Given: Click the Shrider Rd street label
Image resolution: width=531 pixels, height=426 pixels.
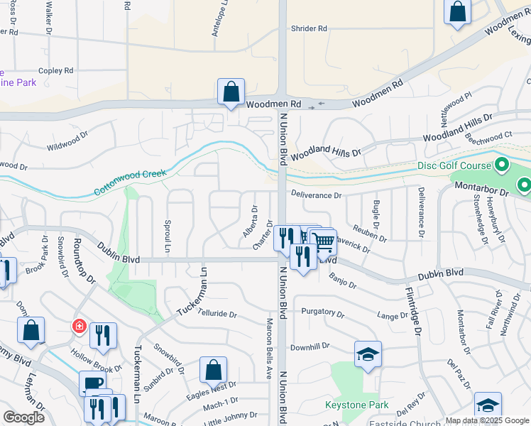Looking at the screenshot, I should tap(309, 29).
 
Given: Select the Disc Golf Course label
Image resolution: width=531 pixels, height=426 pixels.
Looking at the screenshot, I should tap(454, 166).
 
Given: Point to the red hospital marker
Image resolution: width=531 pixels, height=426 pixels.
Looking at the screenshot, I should tap(79, 327).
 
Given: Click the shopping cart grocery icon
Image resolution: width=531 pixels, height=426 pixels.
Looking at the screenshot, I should tap(324, 241).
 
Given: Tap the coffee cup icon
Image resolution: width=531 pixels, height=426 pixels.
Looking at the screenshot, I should tap(93, 383).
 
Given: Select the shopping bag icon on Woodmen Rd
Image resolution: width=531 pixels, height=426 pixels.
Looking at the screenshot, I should tap(231, 92).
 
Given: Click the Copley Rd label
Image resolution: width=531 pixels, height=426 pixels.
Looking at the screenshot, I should tap(56, 71).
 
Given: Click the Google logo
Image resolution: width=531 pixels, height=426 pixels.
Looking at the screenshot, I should tap(23, 417).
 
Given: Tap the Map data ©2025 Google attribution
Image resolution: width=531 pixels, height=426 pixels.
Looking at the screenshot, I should tap(487, 420).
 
